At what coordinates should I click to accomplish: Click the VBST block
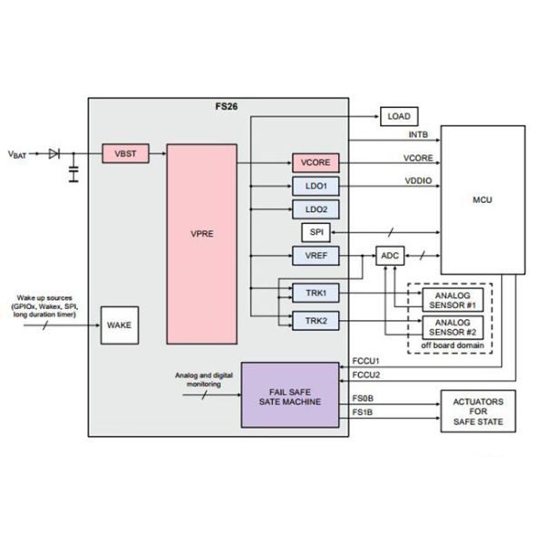(x=125, y=154)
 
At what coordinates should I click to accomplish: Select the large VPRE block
(x=200, y=243)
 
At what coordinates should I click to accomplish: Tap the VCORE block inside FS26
(x=316, y=163)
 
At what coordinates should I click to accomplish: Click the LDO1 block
(x=316, y=187)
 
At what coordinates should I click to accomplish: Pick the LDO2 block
(x=316, y=209)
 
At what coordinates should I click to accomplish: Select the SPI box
(x=316, y=233)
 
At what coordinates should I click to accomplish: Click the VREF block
(x=316, y=257)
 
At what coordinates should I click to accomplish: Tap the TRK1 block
(x=316, y=294)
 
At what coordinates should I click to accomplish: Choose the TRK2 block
(x=316, y=319)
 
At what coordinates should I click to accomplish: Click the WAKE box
(x=120, y=324)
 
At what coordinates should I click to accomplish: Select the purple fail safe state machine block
(x=295, y=394)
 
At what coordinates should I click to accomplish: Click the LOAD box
(x=398, y=117)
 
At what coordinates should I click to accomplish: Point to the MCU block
(x=481, y=199)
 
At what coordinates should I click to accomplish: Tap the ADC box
(x=390, y=257)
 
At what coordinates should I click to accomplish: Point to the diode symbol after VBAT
(x=54, y=154)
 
